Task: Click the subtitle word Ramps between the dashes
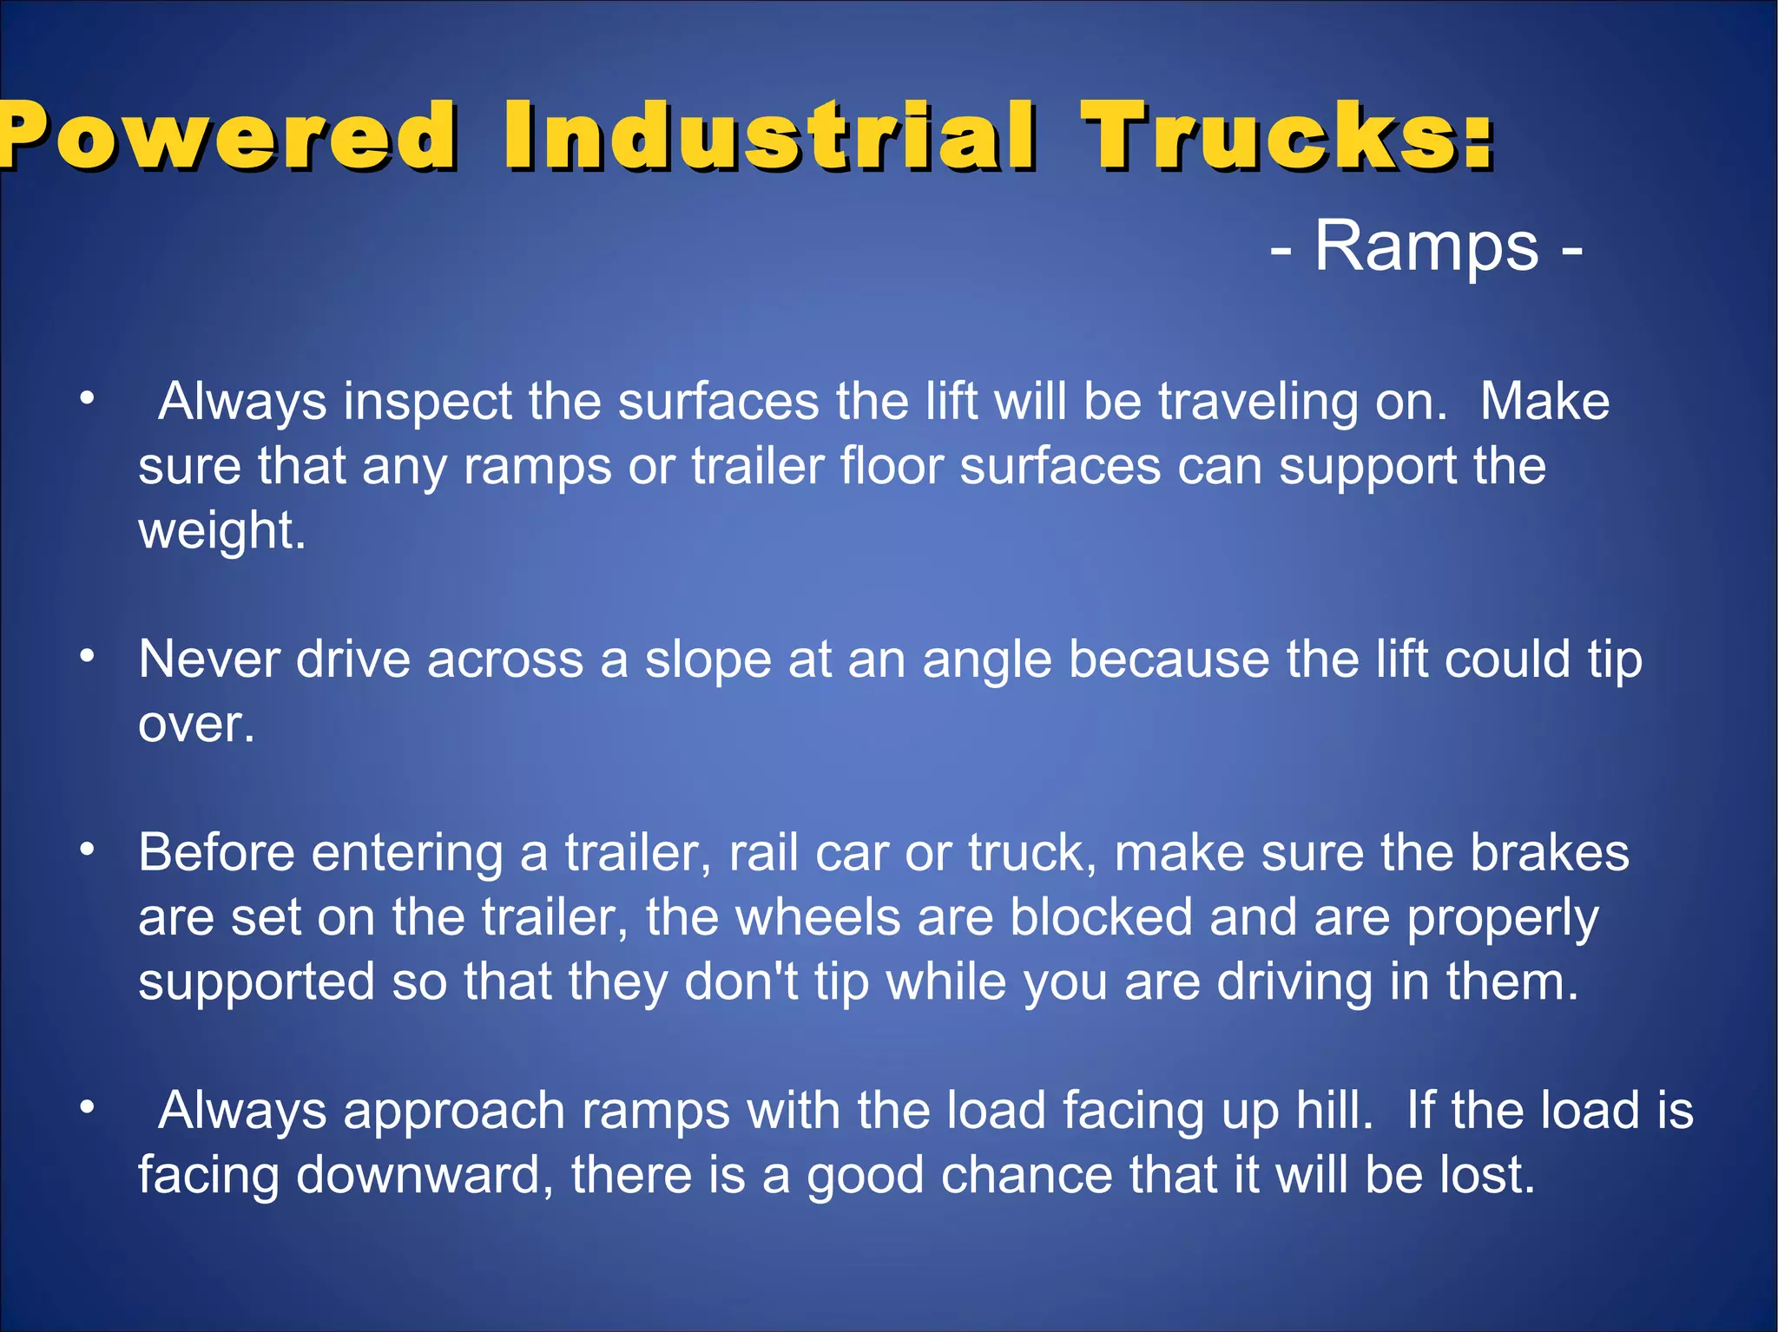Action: click(1426, 247)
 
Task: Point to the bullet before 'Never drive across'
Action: click(86, 656)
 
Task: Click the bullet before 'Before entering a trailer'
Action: click(86, 850)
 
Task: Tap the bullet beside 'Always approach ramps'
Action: click(86, 1107)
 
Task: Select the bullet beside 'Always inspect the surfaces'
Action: click(86, 399)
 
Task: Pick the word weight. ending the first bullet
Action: click(222, 530)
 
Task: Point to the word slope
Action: click(708, 660)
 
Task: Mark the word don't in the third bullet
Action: click(741, 982)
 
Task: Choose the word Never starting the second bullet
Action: click(208, 660)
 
